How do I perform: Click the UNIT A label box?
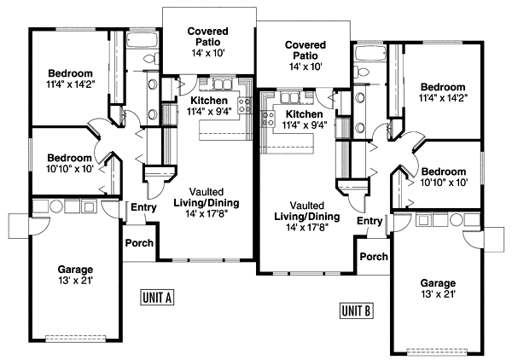tap(157, 297)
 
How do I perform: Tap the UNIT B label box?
tap(356, 311)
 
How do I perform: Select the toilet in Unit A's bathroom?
tap(152, 59)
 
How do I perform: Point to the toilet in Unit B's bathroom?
tap(360, 72)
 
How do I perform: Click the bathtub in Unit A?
tap(143, 40)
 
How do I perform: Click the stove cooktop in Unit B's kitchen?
tap(267, 119)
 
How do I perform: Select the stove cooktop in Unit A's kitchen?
tap(245, 106)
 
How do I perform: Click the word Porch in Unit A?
tap(139, 243)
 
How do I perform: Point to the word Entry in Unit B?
tap(369, 221)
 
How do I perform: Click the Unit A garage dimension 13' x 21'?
tap(75, 280)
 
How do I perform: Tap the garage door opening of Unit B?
tap(437, 351)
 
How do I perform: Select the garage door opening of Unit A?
tap(76, 338)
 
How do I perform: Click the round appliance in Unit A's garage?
tap(56, 207)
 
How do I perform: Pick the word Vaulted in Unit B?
tap(307, 206)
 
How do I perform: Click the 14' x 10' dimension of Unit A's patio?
tap(208, 53)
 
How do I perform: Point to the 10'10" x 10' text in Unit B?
tap(445, 183)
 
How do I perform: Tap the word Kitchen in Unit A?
tap(209, 101)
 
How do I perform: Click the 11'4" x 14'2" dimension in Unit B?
tap(444, 98)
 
